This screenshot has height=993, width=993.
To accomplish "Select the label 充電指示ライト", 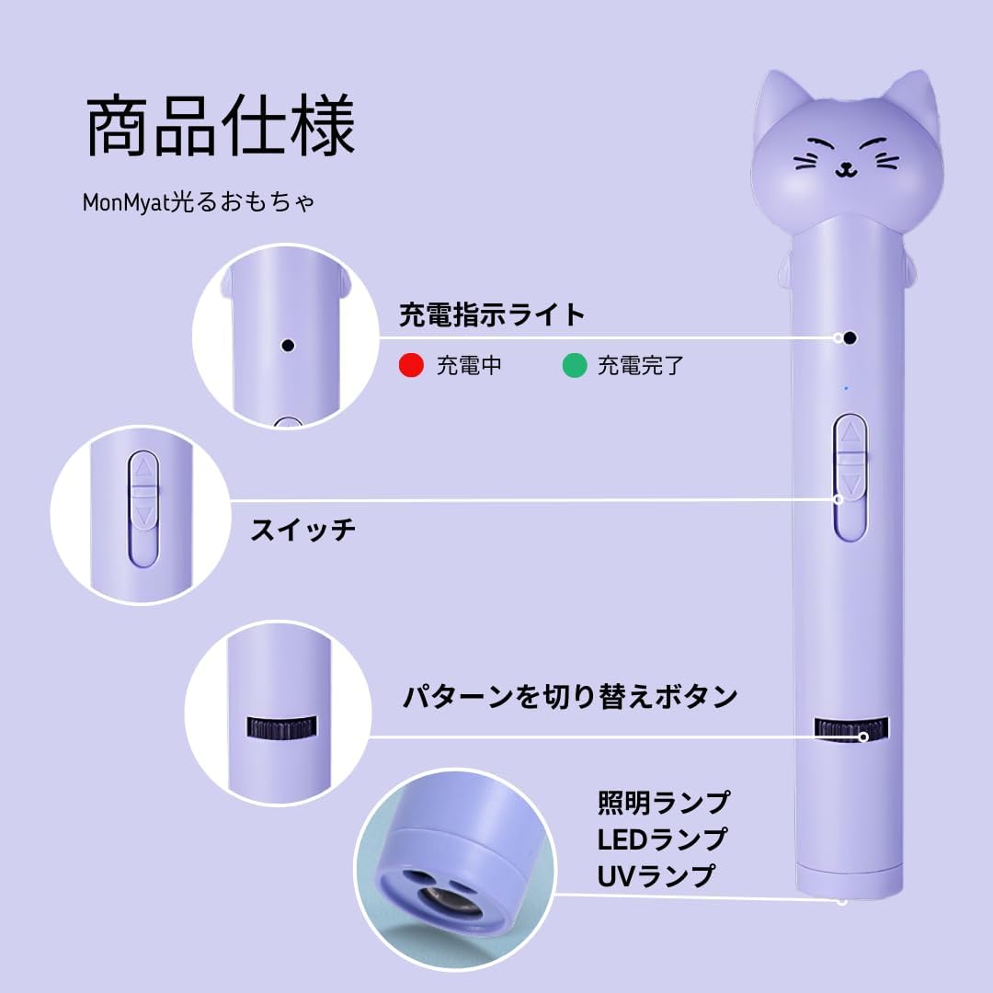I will click(492, 315).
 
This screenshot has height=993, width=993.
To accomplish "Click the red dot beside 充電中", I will click(410, 366).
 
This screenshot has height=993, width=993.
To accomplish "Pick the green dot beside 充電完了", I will click(575, 366).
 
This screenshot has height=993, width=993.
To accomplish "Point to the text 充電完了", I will click(641, 366).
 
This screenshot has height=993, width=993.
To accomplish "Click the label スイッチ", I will click(303, 530).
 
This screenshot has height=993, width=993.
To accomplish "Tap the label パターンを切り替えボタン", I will click(570, 696).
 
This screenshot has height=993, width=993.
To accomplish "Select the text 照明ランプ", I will click(663, 803).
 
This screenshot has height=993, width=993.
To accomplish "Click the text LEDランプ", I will click(662, 839).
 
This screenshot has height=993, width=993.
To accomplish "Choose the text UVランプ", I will click(656, 875).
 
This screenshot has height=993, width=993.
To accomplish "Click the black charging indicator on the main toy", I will click(850, 337).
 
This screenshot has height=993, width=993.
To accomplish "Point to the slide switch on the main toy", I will click(850, 475).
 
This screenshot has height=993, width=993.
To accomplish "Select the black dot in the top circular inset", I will click(288, 346).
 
